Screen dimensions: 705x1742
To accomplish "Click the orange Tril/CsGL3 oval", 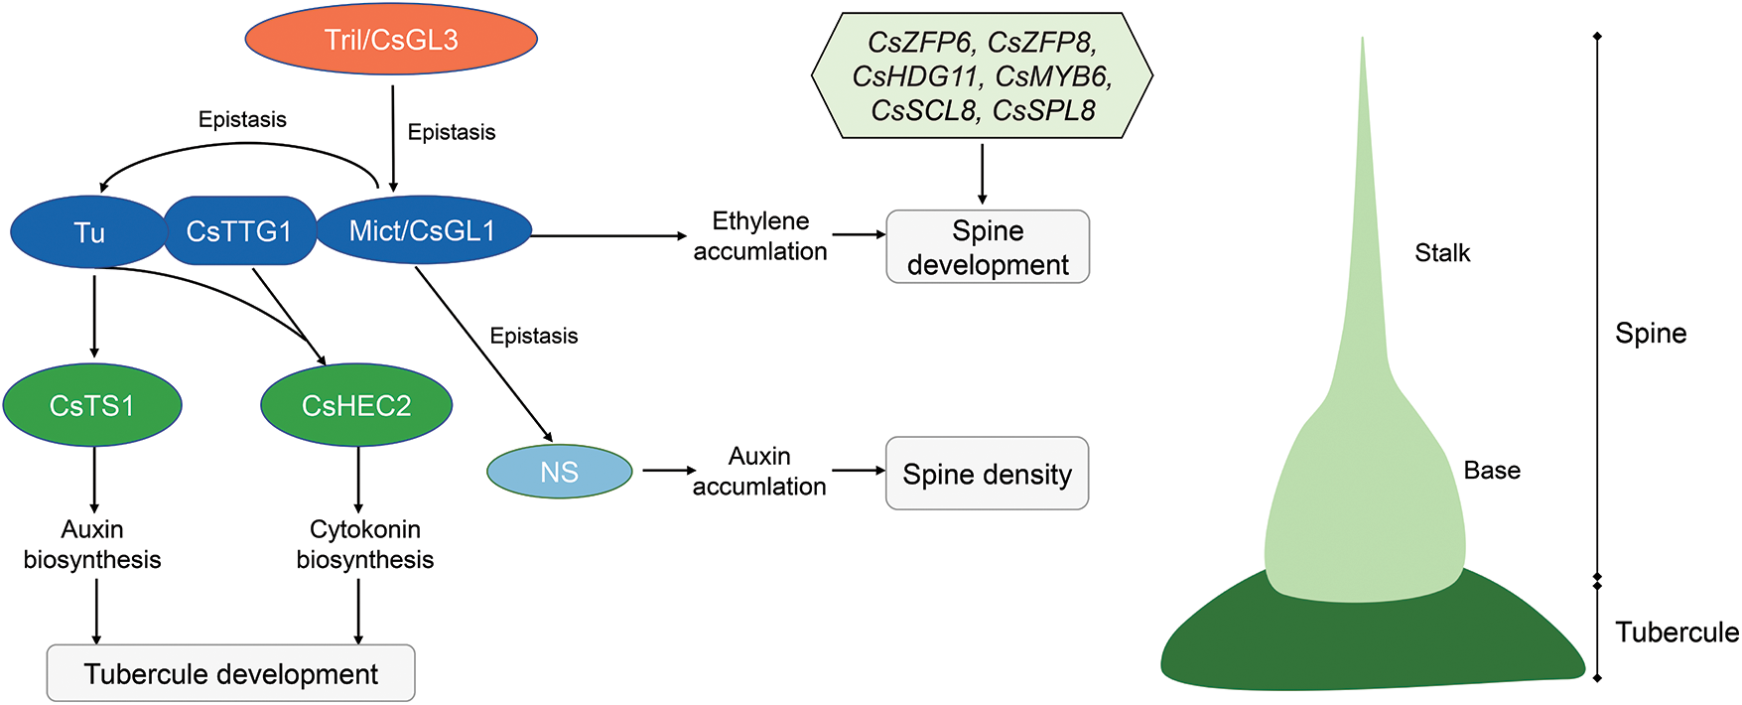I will point(391,40).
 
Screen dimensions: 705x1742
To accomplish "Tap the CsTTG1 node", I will point(239,231).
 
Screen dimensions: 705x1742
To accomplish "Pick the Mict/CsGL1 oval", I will point(423,231).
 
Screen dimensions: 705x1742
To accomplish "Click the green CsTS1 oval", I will point(92,405).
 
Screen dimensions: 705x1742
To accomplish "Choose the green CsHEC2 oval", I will point(356,405).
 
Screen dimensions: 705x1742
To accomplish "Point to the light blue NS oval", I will point(559,473).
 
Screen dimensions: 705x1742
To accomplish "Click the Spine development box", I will point(988,247).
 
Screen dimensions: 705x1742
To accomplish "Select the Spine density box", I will point(987,474).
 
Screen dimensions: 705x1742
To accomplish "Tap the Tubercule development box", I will point(230,674).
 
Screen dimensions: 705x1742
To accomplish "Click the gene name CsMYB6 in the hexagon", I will point(1053,76).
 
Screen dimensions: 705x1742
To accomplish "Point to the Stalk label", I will point(1442,253).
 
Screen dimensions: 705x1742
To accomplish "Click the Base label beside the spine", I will point(1492,471).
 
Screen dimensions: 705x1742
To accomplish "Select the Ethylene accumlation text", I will point(760,236).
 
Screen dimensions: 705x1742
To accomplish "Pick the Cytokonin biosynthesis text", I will point(365,544).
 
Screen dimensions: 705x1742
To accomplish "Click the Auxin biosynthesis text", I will point(92,544).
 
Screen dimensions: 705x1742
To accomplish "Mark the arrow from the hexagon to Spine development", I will point(982,174).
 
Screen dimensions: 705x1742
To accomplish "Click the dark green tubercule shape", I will point(1370,645).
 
